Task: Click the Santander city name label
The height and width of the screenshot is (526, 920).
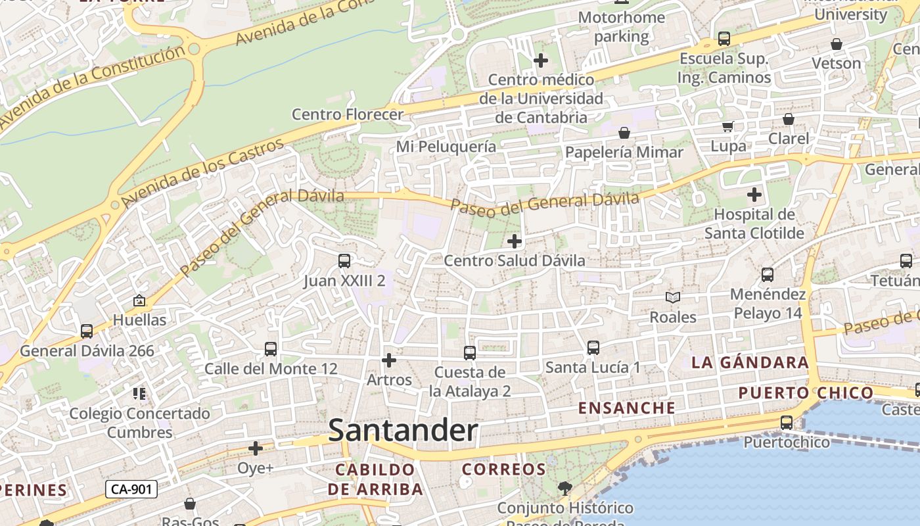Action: (x=403, y=431)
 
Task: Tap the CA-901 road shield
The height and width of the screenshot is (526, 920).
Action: (x=131, y=489)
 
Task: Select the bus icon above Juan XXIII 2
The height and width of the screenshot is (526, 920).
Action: (x=344, y=261)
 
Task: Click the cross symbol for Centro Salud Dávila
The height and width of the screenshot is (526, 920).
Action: (x=515, y=241)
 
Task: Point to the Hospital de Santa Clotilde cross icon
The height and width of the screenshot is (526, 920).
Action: (x=754, y=195)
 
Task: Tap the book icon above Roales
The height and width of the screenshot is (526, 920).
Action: (x=673, y=297)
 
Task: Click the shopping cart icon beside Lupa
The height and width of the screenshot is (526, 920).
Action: (x=728, y=126)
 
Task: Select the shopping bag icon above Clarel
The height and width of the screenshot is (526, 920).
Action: (x=789, y=119)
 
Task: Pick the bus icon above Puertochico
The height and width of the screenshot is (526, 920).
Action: (x=787, y=423)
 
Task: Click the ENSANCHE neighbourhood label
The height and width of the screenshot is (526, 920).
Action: (x=627, y=408)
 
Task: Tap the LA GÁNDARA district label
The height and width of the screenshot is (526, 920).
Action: (x=750, y=362)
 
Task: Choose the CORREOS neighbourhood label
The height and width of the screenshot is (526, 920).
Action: (x=504, y=469)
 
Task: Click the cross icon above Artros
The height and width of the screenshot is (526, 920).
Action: (x=389, y=360)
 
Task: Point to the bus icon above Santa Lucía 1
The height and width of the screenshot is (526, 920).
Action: (x=593, y=348)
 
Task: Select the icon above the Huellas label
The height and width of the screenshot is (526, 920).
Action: (x=139, y=300)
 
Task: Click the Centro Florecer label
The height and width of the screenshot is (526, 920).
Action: (x=348, y=114)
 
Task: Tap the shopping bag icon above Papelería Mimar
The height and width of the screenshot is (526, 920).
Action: (x=624, y=133)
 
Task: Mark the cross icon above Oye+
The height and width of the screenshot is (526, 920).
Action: (x=256, y=448)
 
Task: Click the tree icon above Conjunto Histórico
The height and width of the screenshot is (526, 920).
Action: (x=564, y=488)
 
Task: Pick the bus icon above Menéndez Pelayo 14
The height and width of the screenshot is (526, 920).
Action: (x=768, y=275)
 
